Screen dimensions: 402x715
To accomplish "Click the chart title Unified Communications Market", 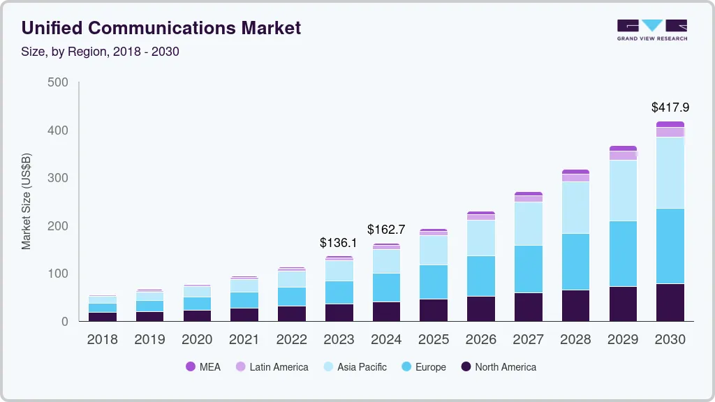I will [x=161, y=28].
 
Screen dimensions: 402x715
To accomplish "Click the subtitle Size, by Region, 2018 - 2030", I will [x=101, y=52].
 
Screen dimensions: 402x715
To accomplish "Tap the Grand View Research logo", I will [x=651, y=30].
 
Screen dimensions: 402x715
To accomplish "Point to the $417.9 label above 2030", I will [x=670, y=107].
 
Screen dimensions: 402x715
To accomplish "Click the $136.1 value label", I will [x=339, y=243].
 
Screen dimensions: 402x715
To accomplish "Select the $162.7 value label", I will [x=386, y=229].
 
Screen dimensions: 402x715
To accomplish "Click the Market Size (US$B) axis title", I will [x=27, y=201].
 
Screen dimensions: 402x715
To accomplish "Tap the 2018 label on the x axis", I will [x=102, y=340].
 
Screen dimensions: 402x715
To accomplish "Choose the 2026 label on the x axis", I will [x=481, y=340].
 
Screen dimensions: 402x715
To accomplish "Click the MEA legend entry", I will [x=202, y=366].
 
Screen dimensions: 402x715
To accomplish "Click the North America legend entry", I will [x=498, y=366].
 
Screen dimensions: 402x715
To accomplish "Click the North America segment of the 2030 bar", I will [x=670, y=302].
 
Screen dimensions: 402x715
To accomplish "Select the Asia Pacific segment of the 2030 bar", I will [x=670, y=172].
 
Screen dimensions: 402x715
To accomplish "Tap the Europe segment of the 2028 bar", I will [x=575, y=261].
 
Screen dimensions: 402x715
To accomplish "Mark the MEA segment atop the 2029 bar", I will [x=623, y=148].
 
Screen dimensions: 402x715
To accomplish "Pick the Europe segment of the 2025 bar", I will [x=434, y=282].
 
